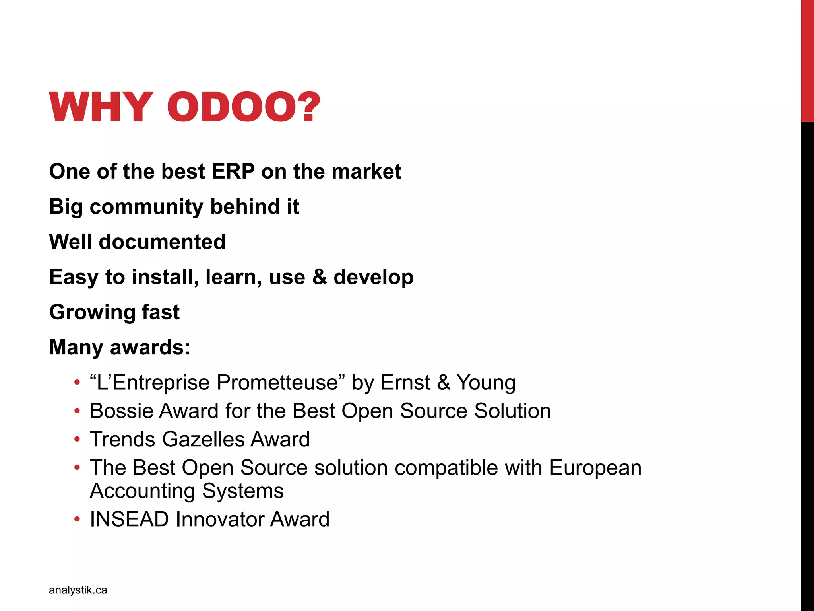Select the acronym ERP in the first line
point(233,171)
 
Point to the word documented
point(162,242)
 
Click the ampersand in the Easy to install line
point(319,277)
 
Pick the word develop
point(374,278)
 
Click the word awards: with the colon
point(150,347)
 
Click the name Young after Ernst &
point(486,383)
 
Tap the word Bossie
point(121,411)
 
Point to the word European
point(595,468)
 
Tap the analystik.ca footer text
point(78,590)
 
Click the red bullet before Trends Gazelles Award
point(77,440)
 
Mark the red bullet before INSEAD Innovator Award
point(77,520)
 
